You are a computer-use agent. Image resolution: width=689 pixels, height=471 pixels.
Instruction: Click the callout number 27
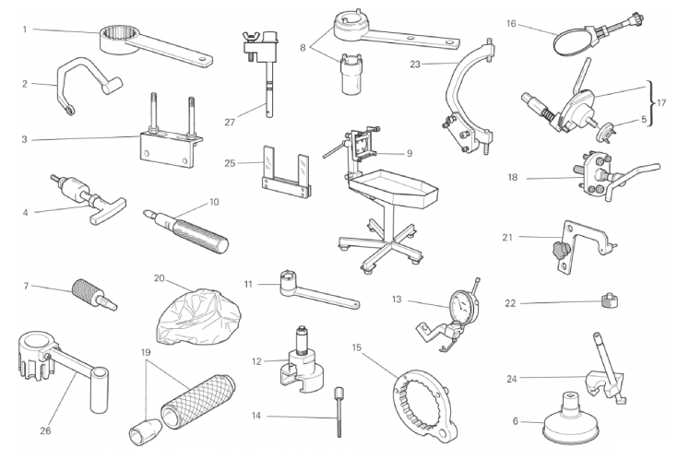(x=230, y=123)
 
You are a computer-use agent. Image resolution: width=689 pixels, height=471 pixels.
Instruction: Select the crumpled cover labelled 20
(x=199, y=316)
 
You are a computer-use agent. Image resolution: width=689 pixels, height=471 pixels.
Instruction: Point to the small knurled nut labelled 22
(x=610, y=300)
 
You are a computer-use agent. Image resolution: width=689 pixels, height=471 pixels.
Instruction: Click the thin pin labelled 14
(x=339, y=412)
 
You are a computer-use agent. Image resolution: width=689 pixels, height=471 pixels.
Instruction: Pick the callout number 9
(x=410, y=153)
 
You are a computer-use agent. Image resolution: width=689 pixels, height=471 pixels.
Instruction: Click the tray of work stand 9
(x=394, y=187)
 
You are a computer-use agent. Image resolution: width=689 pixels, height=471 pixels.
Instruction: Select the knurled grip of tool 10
(x=201, y=235)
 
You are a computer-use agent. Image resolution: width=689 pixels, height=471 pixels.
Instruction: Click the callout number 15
(x=356, y=347)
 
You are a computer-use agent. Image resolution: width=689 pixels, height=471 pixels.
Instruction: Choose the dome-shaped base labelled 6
(x=570, y=419)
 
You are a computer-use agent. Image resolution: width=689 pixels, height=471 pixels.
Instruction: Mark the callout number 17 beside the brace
(x=661, y=102)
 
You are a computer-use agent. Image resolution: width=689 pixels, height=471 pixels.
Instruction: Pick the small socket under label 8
(x=350, y=75)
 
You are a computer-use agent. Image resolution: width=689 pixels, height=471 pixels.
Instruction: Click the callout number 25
(x=230, y=163)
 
